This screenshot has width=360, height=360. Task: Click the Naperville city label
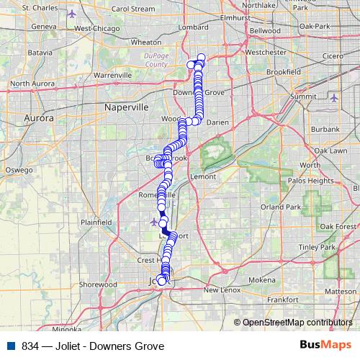click(x=126, y=107)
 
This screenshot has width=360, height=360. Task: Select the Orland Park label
click(x=281, y=207)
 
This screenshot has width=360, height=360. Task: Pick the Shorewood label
click(x=98, y=284)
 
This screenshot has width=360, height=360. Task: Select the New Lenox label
click(x=220, y=290)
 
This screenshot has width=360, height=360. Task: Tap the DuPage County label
click(x=156, y=59)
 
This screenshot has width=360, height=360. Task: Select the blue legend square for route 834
click(x=8, y=344)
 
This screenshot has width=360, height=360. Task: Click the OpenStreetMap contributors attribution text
click(x=297, y=322)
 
